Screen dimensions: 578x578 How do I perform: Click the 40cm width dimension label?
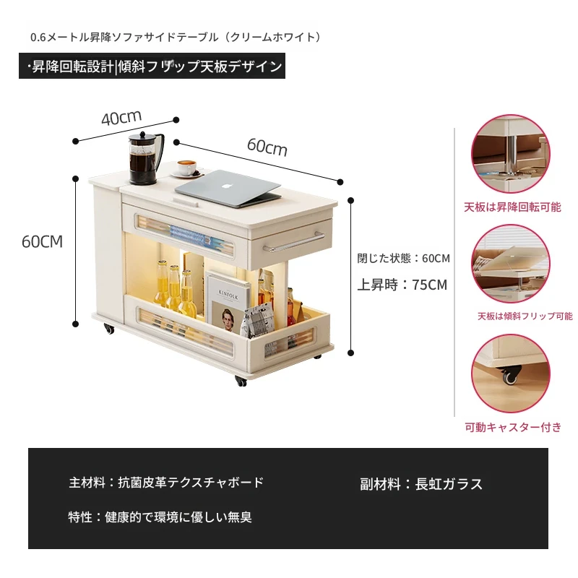click(x=121, y=117)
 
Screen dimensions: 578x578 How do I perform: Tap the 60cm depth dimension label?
click(x=267, y=147)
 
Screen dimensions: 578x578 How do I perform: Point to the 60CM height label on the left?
click(x=42, y=242)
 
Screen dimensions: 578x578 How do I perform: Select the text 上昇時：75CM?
click(x=402, y=285)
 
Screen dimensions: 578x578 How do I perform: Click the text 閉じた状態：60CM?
click(x=403, y=259)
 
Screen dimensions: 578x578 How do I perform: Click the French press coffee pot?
click(x=145, y=158)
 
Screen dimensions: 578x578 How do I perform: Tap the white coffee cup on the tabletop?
click(x=187, y=168)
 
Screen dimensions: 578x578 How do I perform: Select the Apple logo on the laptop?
click(x=225, y=186)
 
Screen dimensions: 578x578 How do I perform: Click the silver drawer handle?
click(x=293, y=243)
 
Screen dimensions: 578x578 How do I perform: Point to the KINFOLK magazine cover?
click(x=228, y=302)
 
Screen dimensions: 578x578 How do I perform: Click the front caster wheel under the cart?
click(x=241, y=381)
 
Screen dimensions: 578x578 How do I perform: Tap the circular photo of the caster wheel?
click(x=511, y=373)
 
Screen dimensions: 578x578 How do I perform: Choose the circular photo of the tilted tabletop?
click(x=511, y=264)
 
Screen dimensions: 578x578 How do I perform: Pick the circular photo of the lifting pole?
click(x=511, y=154)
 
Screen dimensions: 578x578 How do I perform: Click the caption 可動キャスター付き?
click(x=513, y=427)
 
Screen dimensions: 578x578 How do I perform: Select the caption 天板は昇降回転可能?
click(x=512, y=207)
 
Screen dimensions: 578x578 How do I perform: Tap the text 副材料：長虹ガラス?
click(x=421, y=484)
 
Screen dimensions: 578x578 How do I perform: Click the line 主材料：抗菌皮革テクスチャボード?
click(x=166, y=482)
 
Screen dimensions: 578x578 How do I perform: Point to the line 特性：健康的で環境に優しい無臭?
click(x=160, y=517)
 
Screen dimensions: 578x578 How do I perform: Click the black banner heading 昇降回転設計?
click(x=72, y=66)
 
